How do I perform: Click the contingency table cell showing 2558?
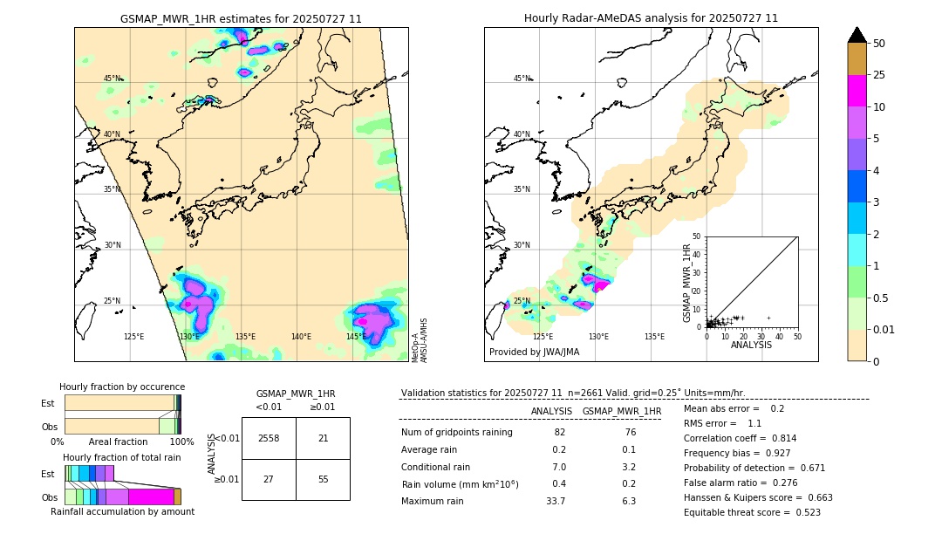tap(269, 438)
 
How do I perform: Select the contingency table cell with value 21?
tap(323, 438)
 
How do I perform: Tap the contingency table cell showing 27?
tap(269, 479)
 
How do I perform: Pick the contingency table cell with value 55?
tap(323, 479)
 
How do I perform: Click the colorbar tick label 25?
tap(879, 76)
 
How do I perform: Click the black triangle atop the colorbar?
tap(857, 35)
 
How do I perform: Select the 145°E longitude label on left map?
tap(356, 337)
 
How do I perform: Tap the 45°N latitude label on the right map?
tap(522, 79)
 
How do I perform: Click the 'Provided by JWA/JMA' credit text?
tap(534, 353)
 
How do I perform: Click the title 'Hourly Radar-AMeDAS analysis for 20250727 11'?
tap(651, 18)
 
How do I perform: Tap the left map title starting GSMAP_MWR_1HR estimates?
tap(241, 18)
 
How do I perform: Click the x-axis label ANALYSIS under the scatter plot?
tap(751, 345)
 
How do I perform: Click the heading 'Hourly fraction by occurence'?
tap(122, 387)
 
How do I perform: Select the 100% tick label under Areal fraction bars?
tap(181, 442)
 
